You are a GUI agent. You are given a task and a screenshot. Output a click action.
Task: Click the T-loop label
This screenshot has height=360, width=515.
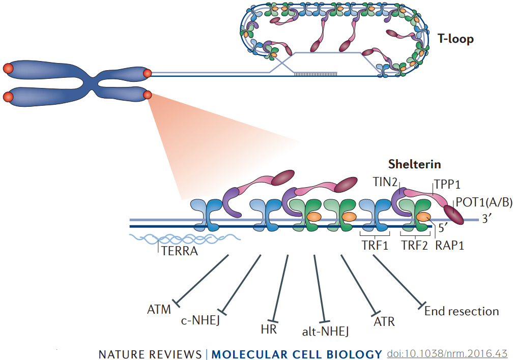point(455,38)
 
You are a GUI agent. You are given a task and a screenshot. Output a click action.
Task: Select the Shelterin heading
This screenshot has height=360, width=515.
point(414,164)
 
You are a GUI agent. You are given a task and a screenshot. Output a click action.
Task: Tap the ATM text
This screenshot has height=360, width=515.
point(159,309)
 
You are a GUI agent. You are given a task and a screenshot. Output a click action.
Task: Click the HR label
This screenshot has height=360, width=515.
point(268,329)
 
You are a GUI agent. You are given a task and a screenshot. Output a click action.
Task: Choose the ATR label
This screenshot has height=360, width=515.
point(384,322)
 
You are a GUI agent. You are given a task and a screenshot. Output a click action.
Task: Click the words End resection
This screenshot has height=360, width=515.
point(462,311)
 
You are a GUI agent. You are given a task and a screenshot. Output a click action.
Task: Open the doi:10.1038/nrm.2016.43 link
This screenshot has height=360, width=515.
point(447,353)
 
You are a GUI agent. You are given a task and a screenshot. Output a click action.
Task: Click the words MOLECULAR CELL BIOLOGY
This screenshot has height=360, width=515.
point(297,354)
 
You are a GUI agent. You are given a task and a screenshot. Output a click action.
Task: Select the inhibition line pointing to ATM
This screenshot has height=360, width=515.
point(201,280)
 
